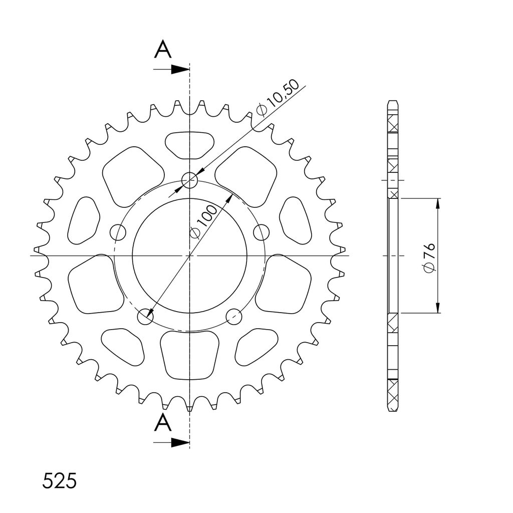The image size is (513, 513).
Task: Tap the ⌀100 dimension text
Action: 203,222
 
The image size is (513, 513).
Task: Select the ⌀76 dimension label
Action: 429,258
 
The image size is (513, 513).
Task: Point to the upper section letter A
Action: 163,50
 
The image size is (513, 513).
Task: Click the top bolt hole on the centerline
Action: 190,180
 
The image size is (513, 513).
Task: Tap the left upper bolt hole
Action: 118,232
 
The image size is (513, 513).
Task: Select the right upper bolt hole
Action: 262,232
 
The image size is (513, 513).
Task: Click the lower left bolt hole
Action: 145,317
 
